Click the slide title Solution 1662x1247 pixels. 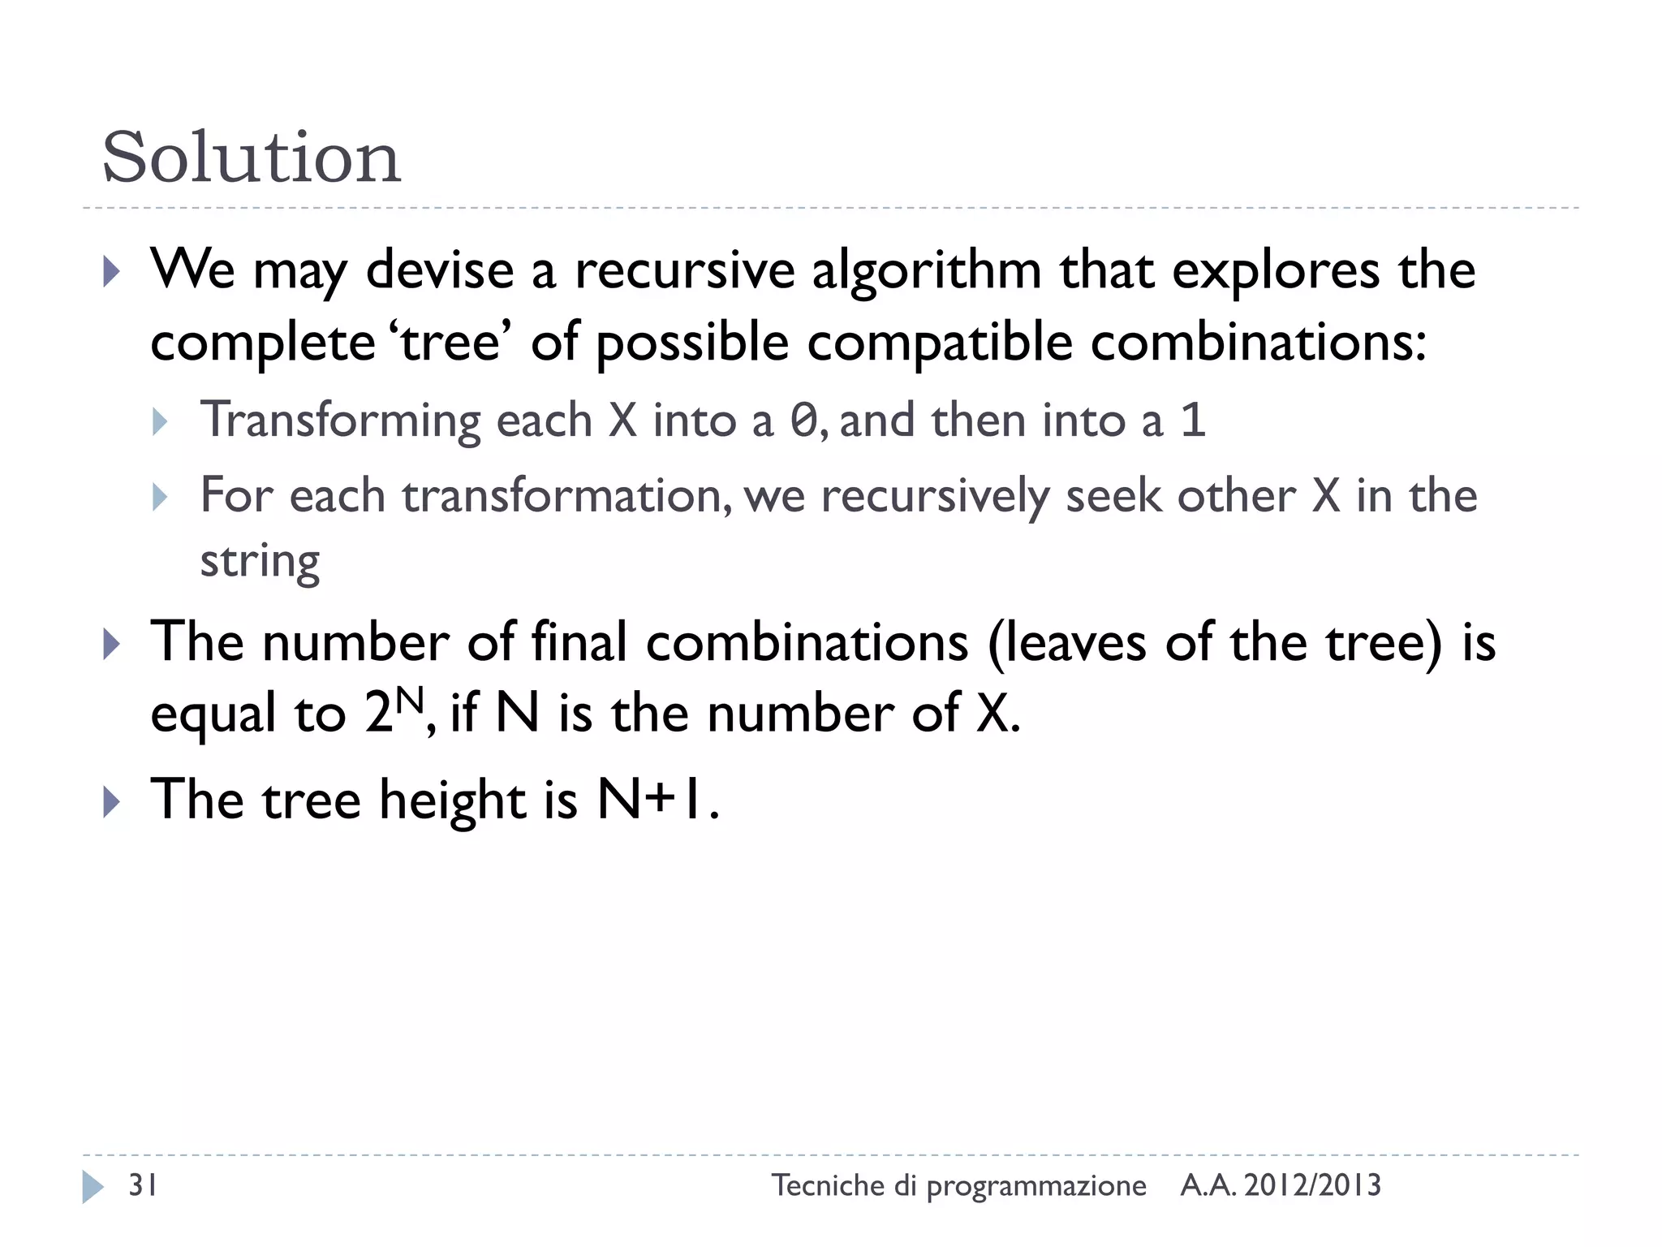252,157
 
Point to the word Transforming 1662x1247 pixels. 341,421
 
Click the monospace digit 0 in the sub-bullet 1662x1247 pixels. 803,421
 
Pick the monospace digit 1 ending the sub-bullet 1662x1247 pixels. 1192,421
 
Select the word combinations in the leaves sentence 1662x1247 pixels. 807,642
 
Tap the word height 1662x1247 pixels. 453,800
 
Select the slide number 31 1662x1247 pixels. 144,1186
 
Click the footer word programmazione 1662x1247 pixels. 1036,1186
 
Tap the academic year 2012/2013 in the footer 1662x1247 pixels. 1312,1186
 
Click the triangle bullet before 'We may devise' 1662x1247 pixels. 112,273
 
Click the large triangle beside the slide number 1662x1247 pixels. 93,1187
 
